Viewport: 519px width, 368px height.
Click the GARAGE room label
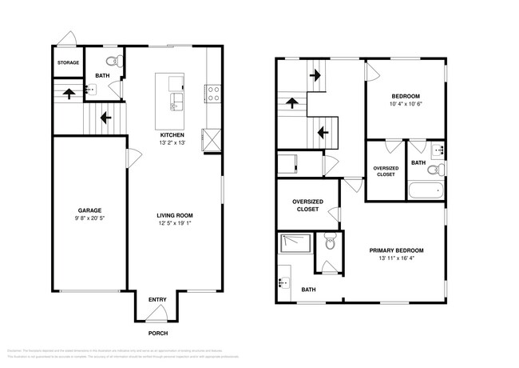(x=89, y=210)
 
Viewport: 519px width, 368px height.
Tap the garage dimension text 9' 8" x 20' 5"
(x=89, y=218)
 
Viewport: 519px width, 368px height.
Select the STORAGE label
(x=67, y=62)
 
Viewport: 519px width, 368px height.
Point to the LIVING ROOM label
(x=174, y=215)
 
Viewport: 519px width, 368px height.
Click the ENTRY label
(x=157, y=301)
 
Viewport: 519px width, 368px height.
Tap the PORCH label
(x=157, y=333)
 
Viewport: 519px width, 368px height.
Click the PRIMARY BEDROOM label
(x=396, y=250)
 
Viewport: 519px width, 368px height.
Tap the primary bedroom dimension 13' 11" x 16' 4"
(x=396, y=258)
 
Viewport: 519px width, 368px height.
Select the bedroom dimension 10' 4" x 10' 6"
(x=405, y=104)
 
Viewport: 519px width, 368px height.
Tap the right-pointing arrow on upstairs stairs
(x=316, y=77)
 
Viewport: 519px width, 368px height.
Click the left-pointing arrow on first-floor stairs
(x=103, y=120)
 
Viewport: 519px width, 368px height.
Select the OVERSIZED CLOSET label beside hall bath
(x=386, y=170)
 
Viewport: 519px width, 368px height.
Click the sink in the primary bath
(x=283, y=282)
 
